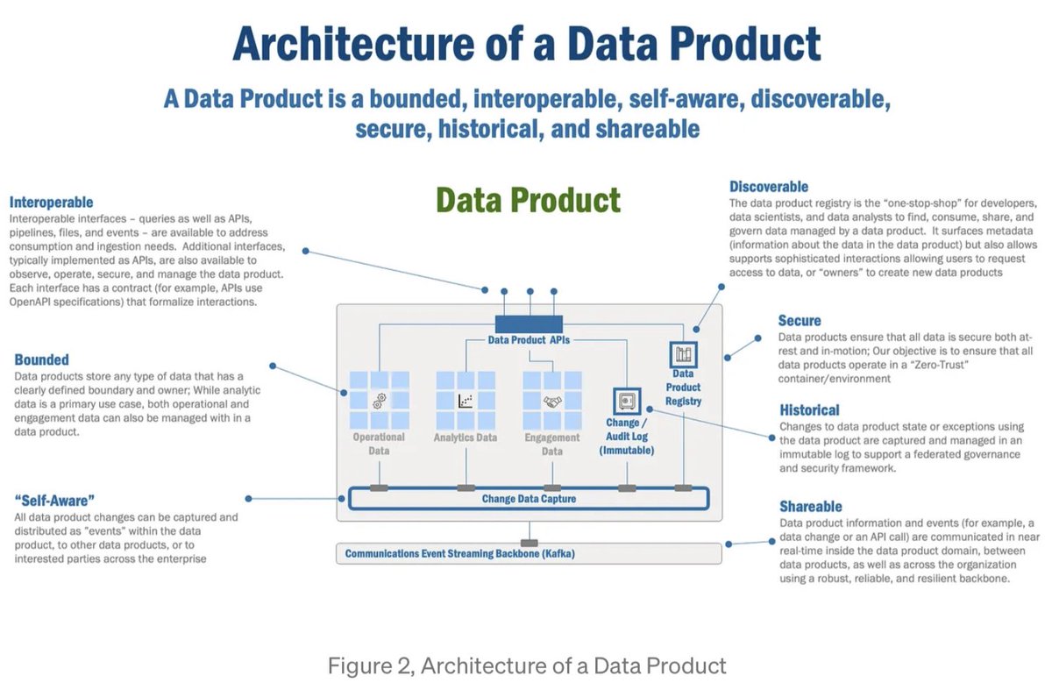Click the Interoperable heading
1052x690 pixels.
[x=51, y=202]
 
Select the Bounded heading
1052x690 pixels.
[x=41, y=359]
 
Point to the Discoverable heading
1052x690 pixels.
[x=769, y=187]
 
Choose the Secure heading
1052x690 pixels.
[x=800, y=321]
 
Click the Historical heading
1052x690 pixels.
[x=809, y=409]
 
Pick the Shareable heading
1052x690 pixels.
[x=810, y=507]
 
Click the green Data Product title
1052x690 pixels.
[x=528, y=200]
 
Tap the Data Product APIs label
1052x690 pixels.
[x=530, y=340]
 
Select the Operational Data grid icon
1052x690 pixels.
[x=380, y=400]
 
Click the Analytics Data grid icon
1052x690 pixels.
[x=466, y=400]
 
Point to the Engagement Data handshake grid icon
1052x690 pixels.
[x=552, y=400]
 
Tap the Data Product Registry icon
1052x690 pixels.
[x=683, y=355]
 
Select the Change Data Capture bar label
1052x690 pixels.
[x=529, y=499]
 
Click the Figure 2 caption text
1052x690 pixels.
[x=527, y=665]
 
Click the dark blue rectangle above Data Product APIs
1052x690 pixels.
[x=529, y=324]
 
